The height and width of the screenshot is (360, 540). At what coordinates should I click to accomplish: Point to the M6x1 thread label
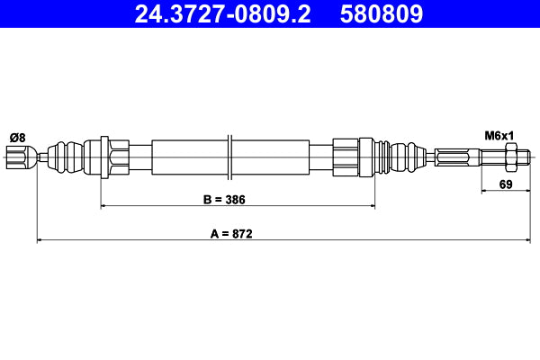(499, 136)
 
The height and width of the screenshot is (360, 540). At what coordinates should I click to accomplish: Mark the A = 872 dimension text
(230, 234)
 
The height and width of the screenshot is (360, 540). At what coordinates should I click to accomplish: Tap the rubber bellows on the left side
(67, 158)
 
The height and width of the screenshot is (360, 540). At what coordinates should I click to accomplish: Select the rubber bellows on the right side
(401, 158)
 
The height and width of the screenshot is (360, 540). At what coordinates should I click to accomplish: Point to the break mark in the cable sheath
(231, 158)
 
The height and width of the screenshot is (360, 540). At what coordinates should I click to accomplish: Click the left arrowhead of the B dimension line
(103, 206)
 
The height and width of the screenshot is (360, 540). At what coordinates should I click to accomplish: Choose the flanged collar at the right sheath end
(365, 158)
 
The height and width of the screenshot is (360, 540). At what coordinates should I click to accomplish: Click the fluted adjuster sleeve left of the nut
(457, 158)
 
